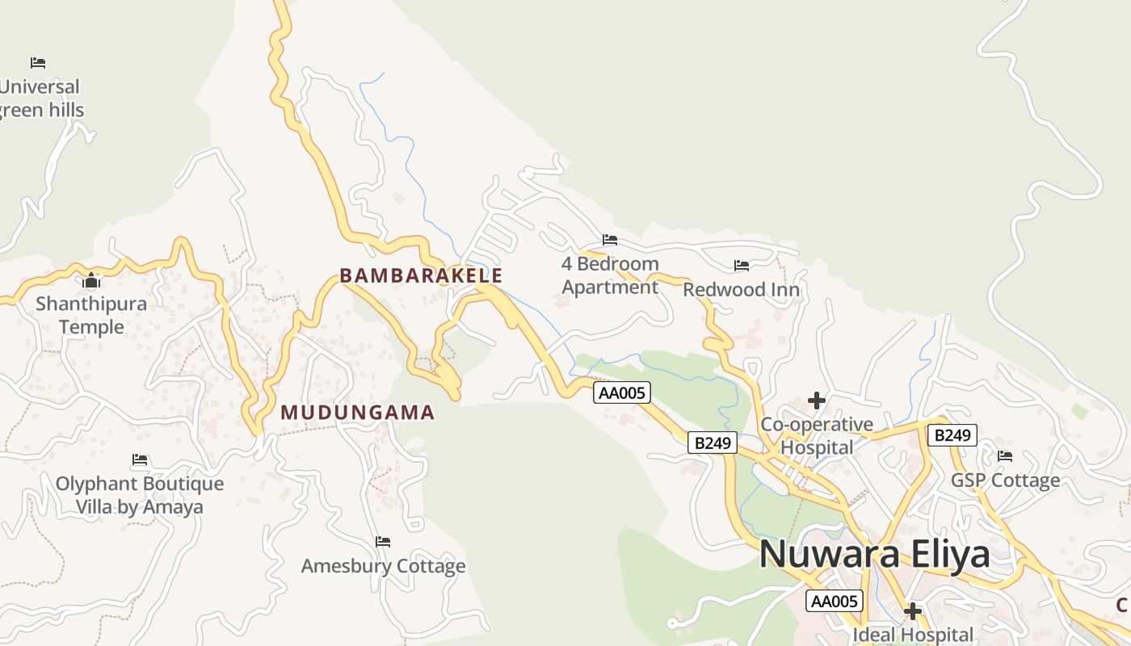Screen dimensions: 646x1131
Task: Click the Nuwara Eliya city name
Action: (874, 554)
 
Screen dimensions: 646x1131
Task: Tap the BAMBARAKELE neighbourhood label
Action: (421, 275)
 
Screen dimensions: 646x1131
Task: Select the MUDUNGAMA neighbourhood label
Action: (357, 413)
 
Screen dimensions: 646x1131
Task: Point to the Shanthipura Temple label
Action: (91, 315)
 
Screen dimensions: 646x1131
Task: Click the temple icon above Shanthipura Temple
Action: (91, 281)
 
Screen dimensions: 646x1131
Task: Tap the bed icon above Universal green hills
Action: (38, 62)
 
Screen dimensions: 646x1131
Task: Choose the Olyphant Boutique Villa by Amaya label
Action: (140, 495)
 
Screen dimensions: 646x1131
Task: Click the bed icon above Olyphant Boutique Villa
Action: (140, 460)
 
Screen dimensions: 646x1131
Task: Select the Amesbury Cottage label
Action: (383, 566)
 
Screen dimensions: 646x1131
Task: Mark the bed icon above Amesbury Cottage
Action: (383, 541)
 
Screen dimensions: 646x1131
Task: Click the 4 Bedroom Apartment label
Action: (610, 275)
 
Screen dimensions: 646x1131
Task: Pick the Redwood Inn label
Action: (742, 289)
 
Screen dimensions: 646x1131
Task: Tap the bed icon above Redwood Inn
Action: (742, 266)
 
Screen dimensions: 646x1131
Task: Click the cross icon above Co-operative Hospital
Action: (817, 401)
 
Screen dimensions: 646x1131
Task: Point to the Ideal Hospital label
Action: (913, 635)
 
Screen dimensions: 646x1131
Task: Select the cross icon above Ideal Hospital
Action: (913, 611)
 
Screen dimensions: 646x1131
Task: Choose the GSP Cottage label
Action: (1005, 480)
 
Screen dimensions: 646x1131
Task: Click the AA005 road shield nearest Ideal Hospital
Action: (835, 601)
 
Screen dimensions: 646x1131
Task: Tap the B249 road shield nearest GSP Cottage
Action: (952, 435)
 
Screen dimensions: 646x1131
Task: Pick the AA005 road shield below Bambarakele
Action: (621, 392)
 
